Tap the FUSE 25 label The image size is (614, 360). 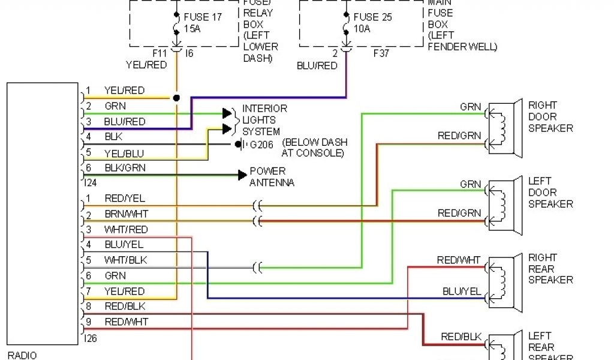(372, 17)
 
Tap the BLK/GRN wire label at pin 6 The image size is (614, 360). (125, 168)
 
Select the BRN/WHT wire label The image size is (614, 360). (126, 214)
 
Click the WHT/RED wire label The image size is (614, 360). (125, 230)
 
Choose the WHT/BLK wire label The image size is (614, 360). (125, 260)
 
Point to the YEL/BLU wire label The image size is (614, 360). (124, 152)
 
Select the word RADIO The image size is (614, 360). (22, 355)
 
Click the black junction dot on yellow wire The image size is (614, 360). (176, 97)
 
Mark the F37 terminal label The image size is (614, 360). (382, 53)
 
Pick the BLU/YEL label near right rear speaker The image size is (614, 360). (462, 292)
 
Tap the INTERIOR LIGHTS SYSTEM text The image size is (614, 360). (264, 120)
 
